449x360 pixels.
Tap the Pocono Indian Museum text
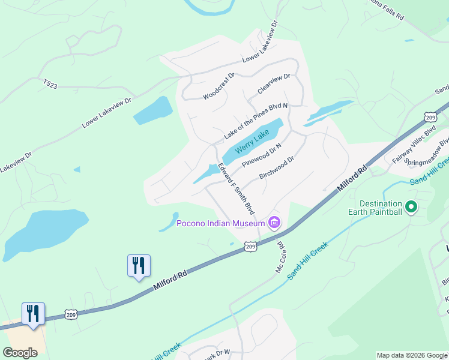tap(220, 224)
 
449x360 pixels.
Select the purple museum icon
tap(274, 224)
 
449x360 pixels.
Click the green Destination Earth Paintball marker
tap(411, 208)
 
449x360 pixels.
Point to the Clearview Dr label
tap(274, 83)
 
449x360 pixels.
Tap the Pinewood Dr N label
tap(262, 154)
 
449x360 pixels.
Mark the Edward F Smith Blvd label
tap(236, 189)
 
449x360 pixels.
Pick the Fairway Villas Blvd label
tap(414, 145)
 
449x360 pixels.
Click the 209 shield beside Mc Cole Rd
tap(251, 246)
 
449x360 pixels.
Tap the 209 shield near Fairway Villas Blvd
tap(430, 116)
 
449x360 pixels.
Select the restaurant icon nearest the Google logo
tap(33, 314)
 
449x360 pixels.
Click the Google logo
tap(20, 353)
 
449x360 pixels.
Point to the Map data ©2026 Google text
tap(412, 355)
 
